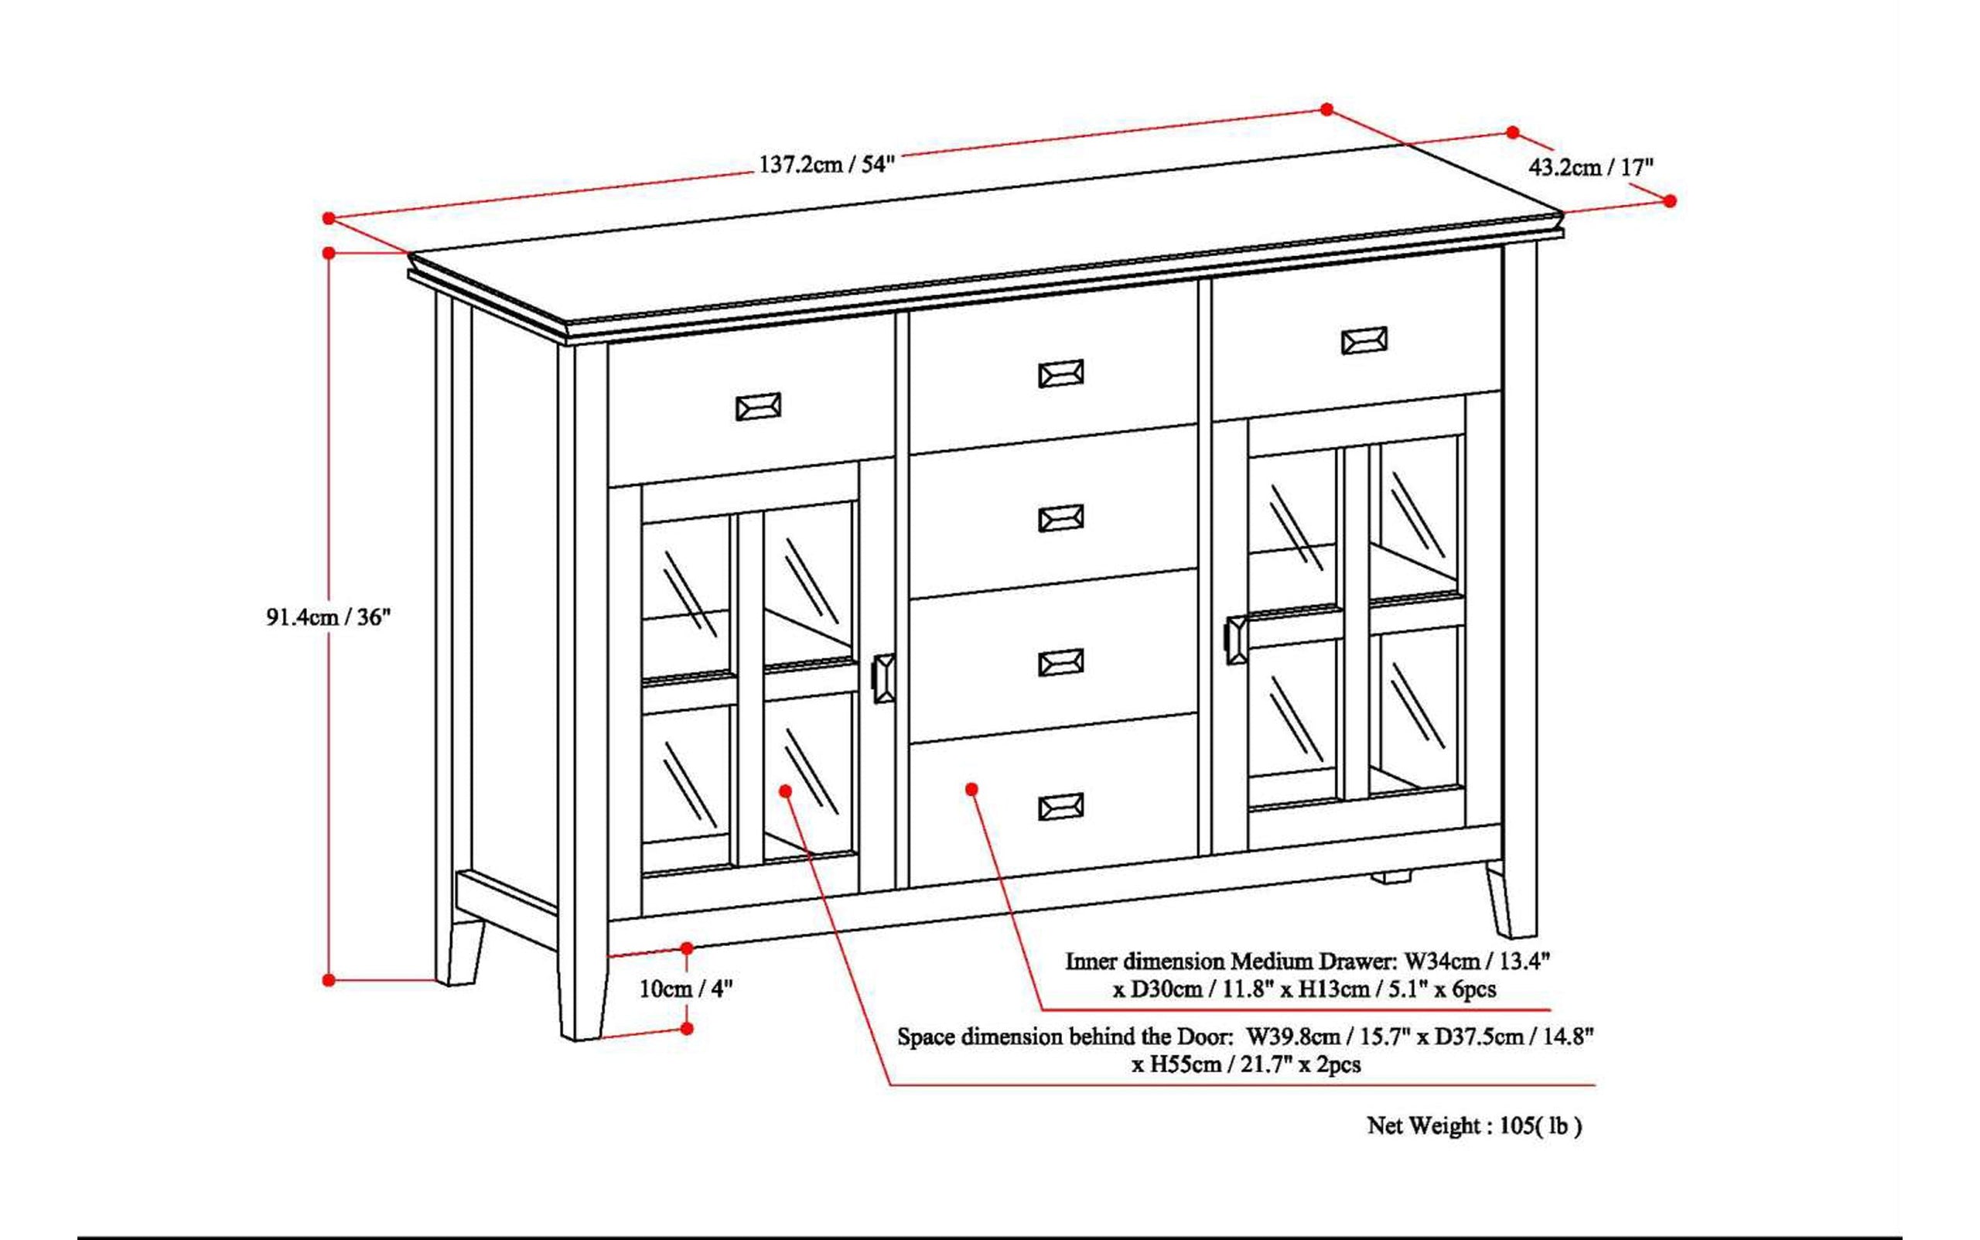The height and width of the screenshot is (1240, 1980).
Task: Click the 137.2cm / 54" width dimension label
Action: (824, 164)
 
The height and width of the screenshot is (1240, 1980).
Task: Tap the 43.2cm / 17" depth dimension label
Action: (1590, 167)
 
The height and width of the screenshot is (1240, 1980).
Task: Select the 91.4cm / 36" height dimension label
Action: (329, 617)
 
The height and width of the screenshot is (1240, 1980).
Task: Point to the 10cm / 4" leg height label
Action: (685, 989)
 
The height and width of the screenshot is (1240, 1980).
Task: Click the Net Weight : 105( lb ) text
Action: (1474, 1126)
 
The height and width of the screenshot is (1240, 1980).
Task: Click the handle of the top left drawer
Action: (759, 407)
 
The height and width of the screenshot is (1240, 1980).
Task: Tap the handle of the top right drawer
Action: (1364, 340)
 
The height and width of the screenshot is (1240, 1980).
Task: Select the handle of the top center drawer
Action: (1061, 374)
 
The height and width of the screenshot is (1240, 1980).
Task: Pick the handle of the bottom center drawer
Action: (1061, 807)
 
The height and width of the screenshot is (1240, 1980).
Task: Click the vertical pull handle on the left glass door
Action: (884, 678)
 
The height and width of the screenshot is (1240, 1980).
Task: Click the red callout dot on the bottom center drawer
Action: (971, 789)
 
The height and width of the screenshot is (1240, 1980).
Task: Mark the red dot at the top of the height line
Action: (329, 253)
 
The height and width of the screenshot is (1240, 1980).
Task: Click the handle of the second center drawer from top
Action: (1061, 518)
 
